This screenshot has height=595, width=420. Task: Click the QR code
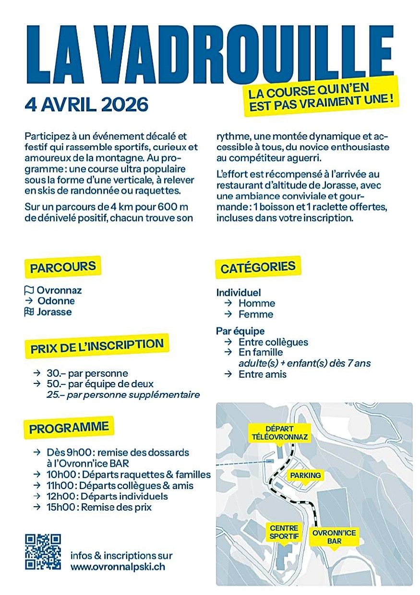43,552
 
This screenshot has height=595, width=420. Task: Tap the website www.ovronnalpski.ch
118,567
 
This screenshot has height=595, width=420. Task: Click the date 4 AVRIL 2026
86,105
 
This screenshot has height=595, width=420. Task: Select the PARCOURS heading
63,267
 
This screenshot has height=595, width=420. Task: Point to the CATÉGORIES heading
258,268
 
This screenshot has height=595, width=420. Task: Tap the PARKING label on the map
305,475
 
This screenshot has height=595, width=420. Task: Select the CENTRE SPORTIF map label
284,532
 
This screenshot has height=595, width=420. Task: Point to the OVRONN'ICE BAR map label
334,536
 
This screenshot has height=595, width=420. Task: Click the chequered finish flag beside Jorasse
29,312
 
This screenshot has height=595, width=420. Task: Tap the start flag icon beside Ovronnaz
29,290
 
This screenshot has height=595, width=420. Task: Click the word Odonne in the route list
56,301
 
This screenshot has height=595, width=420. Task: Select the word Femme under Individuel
256,314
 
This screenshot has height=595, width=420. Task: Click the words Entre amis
262,374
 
